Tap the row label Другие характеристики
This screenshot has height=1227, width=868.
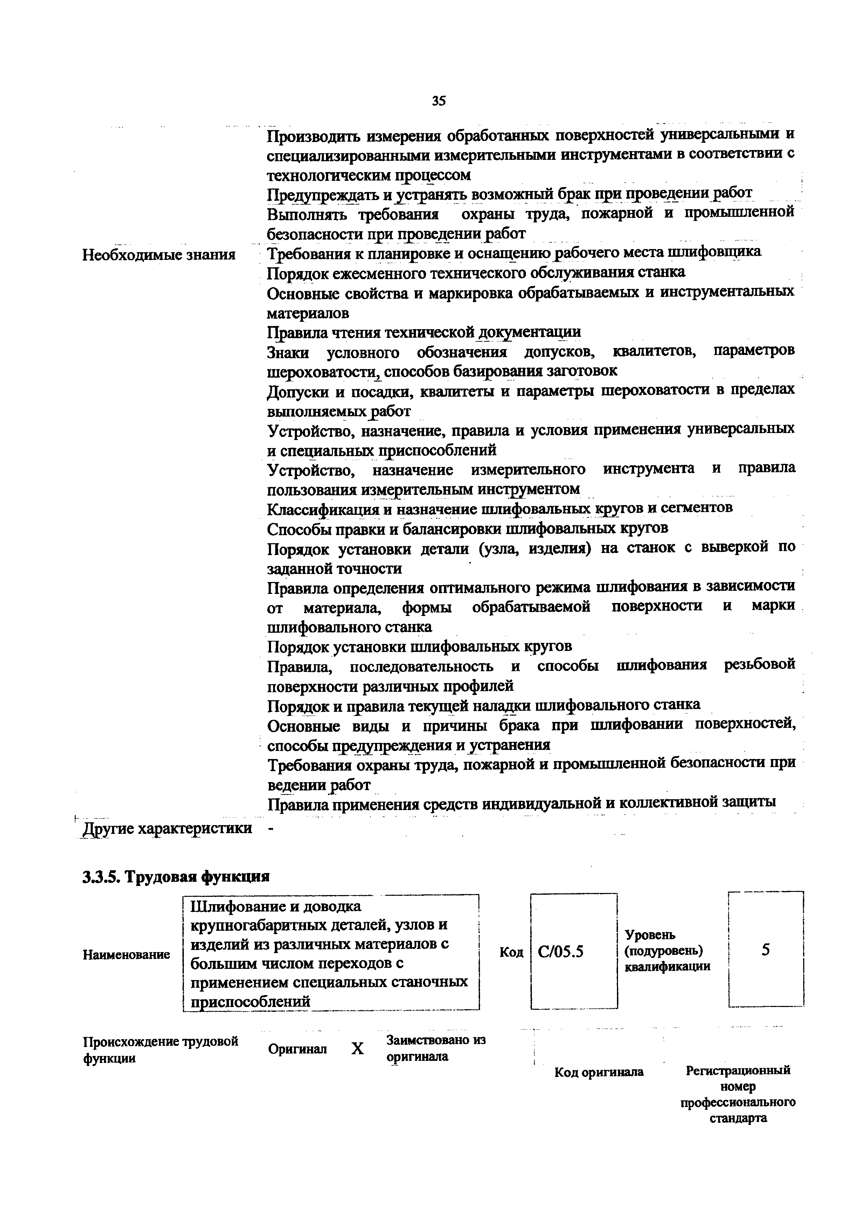(x=167, y=828)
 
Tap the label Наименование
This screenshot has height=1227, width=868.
(x=126, y=955)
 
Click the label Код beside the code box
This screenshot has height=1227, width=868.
(x=511, y=952)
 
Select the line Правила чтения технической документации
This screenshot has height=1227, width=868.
(x=424, y=332)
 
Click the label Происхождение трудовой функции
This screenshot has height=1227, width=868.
(x=160, y=1050)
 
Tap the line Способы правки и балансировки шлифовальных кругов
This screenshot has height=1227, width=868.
(x=467, y=529)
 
